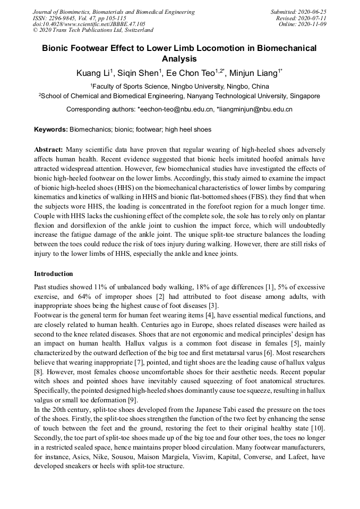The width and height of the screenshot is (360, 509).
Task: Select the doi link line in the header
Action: (89, 24)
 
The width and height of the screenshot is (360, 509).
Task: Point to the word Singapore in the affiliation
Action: (302, 96)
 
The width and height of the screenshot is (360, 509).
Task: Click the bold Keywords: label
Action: (51, 130)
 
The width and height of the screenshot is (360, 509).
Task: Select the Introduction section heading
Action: (54, 274)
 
